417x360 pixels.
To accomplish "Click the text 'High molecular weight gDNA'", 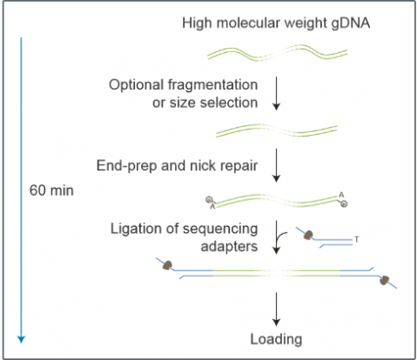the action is (x=276, y=23).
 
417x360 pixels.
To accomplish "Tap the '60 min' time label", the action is (x=51, y=190).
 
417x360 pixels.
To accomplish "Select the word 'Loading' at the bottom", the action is (x=276, y=339).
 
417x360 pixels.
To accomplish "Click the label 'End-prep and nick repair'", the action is (x=177, y=165).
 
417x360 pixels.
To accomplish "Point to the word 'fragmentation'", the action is (x=212, y=84).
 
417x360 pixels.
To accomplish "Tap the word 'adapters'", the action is (x=229, y=247).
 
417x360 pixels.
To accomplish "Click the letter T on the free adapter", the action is (x=357, y=239).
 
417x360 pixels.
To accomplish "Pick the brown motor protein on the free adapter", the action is (x=308, y=235).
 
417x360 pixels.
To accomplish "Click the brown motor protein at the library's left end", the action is (x=167, y=265).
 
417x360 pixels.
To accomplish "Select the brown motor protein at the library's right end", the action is (x=385, y=280).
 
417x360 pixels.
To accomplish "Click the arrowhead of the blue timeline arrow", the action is (x=21, y=339).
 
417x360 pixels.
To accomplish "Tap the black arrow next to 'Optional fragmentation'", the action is (x=276, y=94).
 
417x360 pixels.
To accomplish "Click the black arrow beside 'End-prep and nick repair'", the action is (x=276, y=165).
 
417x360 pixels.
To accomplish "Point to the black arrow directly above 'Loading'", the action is (x=276, y=310).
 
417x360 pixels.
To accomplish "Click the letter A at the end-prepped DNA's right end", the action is (x=341, y=195).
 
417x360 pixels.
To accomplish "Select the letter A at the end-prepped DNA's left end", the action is (x=212, y=207).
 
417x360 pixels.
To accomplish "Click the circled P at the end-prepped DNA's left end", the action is (x=209, y=200).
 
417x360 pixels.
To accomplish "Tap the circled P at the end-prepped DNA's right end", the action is (x=344, y=204).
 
